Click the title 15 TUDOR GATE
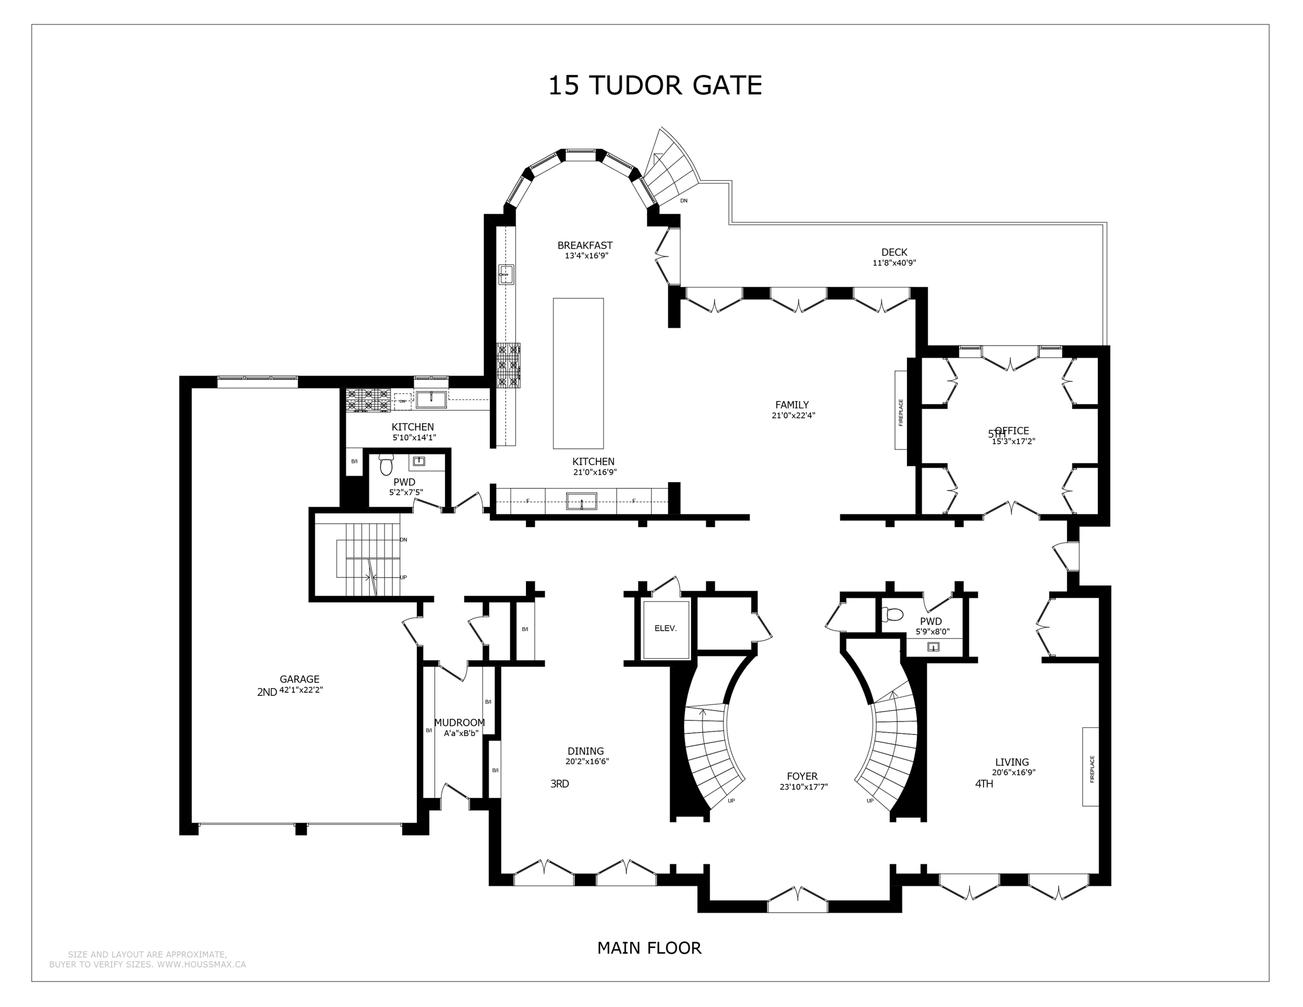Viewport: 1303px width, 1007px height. click(655, 86)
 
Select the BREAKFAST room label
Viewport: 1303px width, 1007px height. click(585, 245)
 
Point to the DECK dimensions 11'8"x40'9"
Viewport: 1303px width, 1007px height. click(894, 263)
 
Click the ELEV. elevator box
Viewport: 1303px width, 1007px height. click(665, 629)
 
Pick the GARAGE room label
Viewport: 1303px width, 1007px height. click(300, 679)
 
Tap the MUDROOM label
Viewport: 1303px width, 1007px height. click(459, 722)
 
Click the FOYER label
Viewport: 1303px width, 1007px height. click(802, 776)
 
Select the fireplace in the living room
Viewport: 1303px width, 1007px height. click(1090, 767)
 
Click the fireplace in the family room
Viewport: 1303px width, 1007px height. click(900, 410)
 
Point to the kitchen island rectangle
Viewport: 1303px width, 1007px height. click(577, 373)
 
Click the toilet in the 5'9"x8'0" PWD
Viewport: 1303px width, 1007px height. click(892, 615)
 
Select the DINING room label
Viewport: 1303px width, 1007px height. click(585, 751)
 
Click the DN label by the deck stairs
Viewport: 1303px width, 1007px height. click(684, 201)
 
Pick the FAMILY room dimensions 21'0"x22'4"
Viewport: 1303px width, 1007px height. click(793, 416)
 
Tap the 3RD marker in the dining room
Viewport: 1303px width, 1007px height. click(559, 784)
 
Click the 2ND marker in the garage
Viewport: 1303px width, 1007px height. click(267, 692)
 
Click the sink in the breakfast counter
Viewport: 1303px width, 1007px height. click(507, 274)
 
